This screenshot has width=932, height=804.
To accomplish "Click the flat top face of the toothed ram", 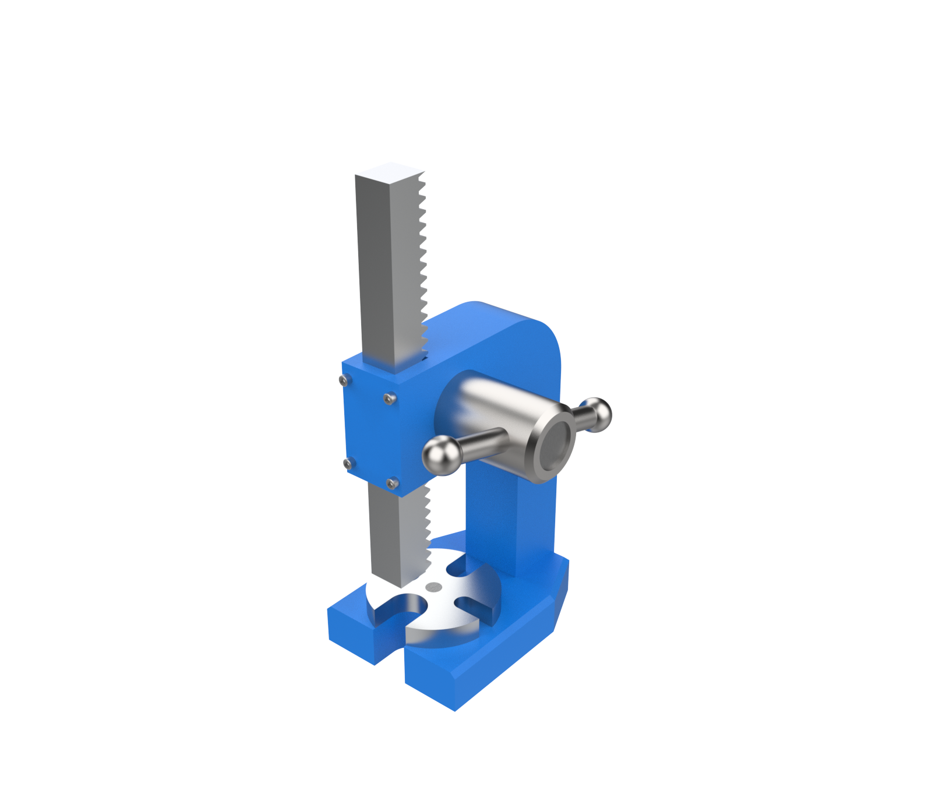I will pos(389,172).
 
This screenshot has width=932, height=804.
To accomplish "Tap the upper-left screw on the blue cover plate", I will pos(344,380).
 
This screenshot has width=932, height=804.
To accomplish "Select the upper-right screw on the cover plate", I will pos(389,399).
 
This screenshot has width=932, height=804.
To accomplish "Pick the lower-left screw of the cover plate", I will pos(348,463).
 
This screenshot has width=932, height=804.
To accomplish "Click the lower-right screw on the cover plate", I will pos(393,483).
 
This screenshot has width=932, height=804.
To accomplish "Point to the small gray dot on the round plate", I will pos(433,587).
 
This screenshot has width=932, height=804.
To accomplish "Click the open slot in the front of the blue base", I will pos(396,653).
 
